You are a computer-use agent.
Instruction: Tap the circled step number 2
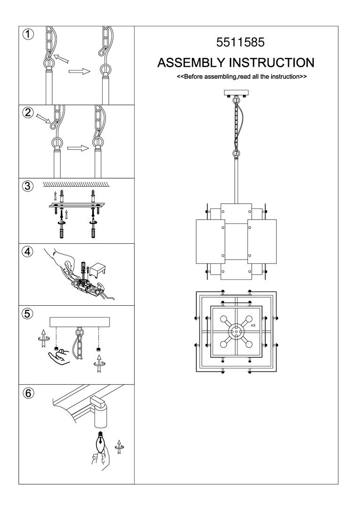(28, 112)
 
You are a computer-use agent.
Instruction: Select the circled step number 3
(28, 186)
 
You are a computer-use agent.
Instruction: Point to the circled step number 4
(28, 251)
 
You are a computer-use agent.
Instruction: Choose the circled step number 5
(28, 314)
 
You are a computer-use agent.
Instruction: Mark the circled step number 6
(28, 393)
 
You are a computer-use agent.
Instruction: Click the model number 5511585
(240, 42)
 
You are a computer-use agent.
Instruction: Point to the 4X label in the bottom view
(253, 325)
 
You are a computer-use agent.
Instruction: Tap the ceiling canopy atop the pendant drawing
(236, 93)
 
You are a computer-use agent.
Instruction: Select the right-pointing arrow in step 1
(79, 71)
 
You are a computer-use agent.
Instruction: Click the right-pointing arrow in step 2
(78, 148)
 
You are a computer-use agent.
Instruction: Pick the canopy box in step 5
(80, 322)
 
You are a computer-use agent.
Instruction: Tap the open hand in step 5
(60, 358)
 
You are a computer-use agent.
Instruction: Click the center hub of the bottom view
(236, 332)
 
